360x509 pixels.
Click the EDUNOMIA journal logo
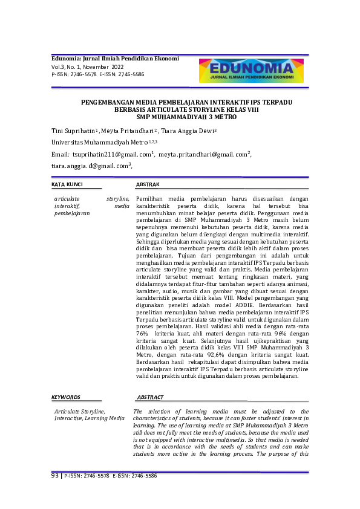[x=250, y=70]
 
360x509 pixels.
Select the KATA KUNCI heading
[x=67, y=184]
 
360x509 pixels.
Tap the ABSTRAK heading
[x=148, y=184]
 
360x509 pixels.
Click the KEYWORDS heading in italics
[x=66, y=397]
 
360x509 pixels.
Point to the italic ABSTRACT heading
[x=150, y=397]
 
